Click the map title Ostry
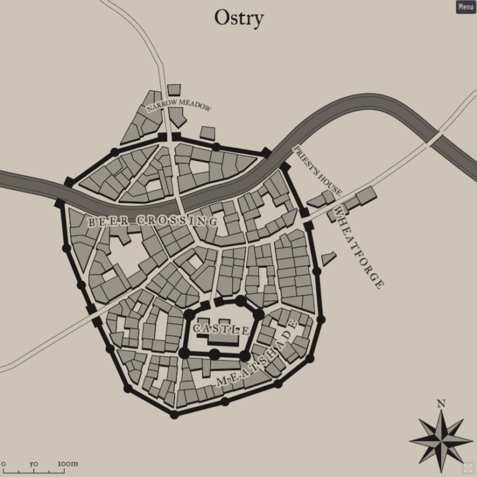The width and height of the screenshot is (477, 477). pyautogui.click(x=238, y=17)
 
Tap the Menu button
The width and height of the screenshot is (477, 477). pyautogui.click(x=466, y=7)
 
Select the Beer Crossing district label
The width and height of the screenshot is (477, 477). pyautogui.click(x=152, y=220)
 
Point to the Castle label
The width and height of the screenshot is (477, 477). pyautogui.click(x=221, y=328)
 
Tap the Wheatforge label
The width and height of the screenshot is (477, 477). pyautogui.click(x=358, y=247)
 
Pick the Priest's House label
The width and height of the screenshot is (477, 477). pyautogui.click(x=317, y=171)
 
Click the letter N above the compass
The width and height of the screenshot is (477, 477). pyautogui.click(x=441, y=403)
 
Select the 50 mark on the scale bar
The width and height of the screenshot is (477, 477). pyautogui.click(x=34, y=463)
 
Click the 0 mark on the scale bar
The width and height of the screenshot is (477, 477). pyautogui.click(x=4, y=463)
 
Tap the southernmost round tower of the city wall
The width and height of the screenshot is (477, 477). pyautogui.click(x=175, y=414)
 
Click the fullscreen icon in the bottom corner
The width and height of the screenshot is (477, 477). pyautogui.click(x=468, y=468)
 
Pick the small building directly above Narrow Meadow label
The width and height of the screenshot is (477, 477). pyautogui.click(x=174, y=89)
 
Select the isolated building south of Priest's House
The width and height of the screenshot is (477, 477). pyautogui.click(x=329, y=258)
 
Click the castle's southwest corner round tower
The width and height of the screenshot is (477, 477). pyautogui.click(x=184, y=353)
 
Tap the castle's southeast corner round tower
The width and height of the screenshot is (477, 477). pyautogui.click(x=245, y=355)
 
